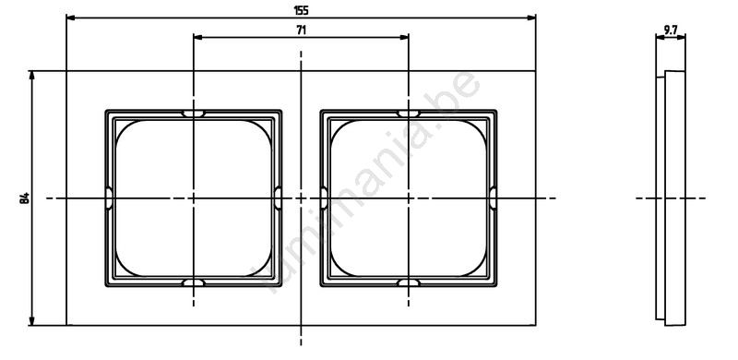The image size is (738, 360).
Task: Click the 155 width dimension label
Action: (301, 10)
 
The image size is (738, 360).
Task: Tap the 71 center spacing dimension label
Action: (302, 30)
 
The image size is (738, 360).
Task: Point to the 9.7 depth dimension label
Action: (671, 30)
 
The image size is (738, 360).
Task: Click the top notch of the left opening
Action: (194, 114)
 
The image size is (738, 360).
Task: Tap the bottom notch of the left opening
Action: (194, 282)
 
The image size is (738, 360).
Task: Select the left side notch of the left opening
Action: (109, 198)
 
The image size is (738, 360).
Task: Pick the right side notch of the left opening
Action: (279, 198)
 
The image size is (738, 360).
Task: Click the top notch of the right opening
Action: (408, 114)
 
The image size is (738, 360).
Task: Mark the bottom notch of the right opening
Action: (408, 282)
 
